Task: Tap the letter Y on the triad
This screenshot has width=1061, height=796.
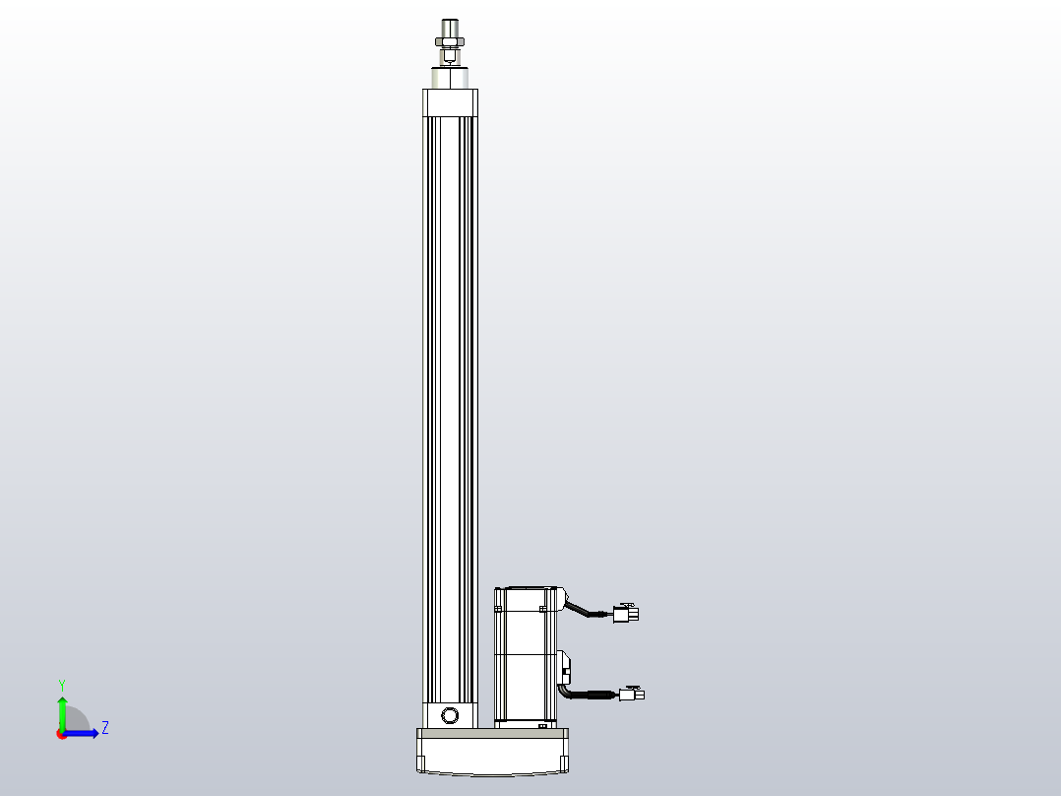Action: tap(61, 684)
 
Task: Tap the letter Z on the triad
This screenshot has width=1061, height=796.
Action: tap(104, 728)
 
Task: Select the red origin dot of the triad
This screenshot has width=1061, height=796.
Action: tap(61, 734)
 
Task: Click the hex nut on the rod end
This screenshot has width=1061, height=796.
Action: tap(450, 40)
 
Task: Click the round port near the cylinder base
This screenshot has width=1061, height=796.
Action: tap(451, 714)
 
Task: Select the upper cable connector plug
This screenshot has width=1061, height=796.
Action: tap(625, 614)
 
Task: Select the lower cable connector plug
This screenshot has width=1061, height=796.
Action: tap(632, 694)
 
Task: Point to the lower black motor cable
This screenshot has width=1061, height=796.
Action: tap(589, 696)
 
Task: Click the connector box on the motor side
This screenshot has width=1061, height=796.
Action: tap(564, 667)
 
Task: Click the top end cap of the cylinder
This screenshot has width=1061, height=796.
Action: tap(450, 102)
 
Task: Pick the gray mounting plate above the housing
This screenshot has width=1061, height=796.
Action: tap(492, 733)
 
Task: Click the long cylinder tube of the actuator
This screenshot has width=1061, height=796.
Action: tap(450, 394)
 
